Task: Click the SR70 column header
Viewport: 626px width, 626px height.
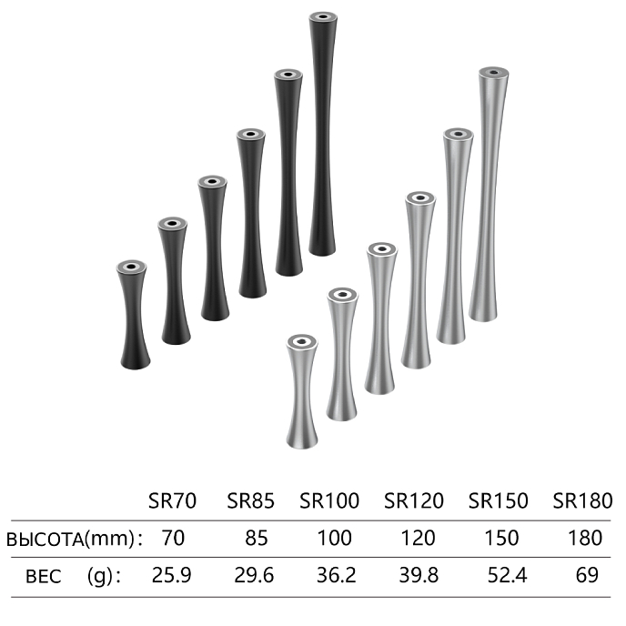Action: [172, 500]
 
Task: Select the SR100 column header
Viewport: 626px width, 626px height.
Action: [329, 500]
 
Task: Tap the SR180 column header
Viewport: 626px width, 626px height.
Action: [582, 500]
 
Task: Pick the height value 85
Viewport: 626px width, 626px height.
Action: [257, 538]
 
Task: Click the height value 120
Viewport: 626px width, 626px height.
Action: [418, 538]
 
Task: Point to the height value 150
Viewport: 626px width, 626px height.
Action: [501, 538]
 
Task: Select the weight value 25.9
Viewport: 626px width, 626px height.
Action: [172, 575]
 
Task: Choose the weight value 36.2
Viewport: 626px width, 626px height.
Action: [336, 575]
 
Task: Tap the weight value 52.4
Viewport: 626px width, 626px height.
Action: [507, 575]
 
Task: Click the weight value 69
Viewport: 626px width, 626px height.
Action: [587, 575]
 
